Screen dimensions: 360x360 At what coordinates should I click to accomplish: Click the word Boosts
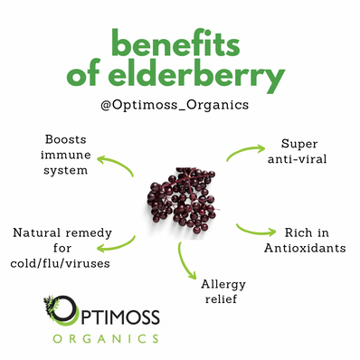click(x=67, y=140)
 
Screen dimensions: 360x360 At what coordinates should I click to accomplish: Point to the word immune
click(x=68, y=155)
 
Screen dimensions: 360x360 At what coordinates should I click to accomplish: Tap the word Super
click(x=275, y=146)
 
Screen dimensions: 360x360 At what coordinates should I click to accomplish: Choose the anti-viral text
click(x=276, y=160)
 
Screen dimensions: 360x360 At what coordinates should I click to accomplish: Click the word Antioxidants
click(x=295, y=248)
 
